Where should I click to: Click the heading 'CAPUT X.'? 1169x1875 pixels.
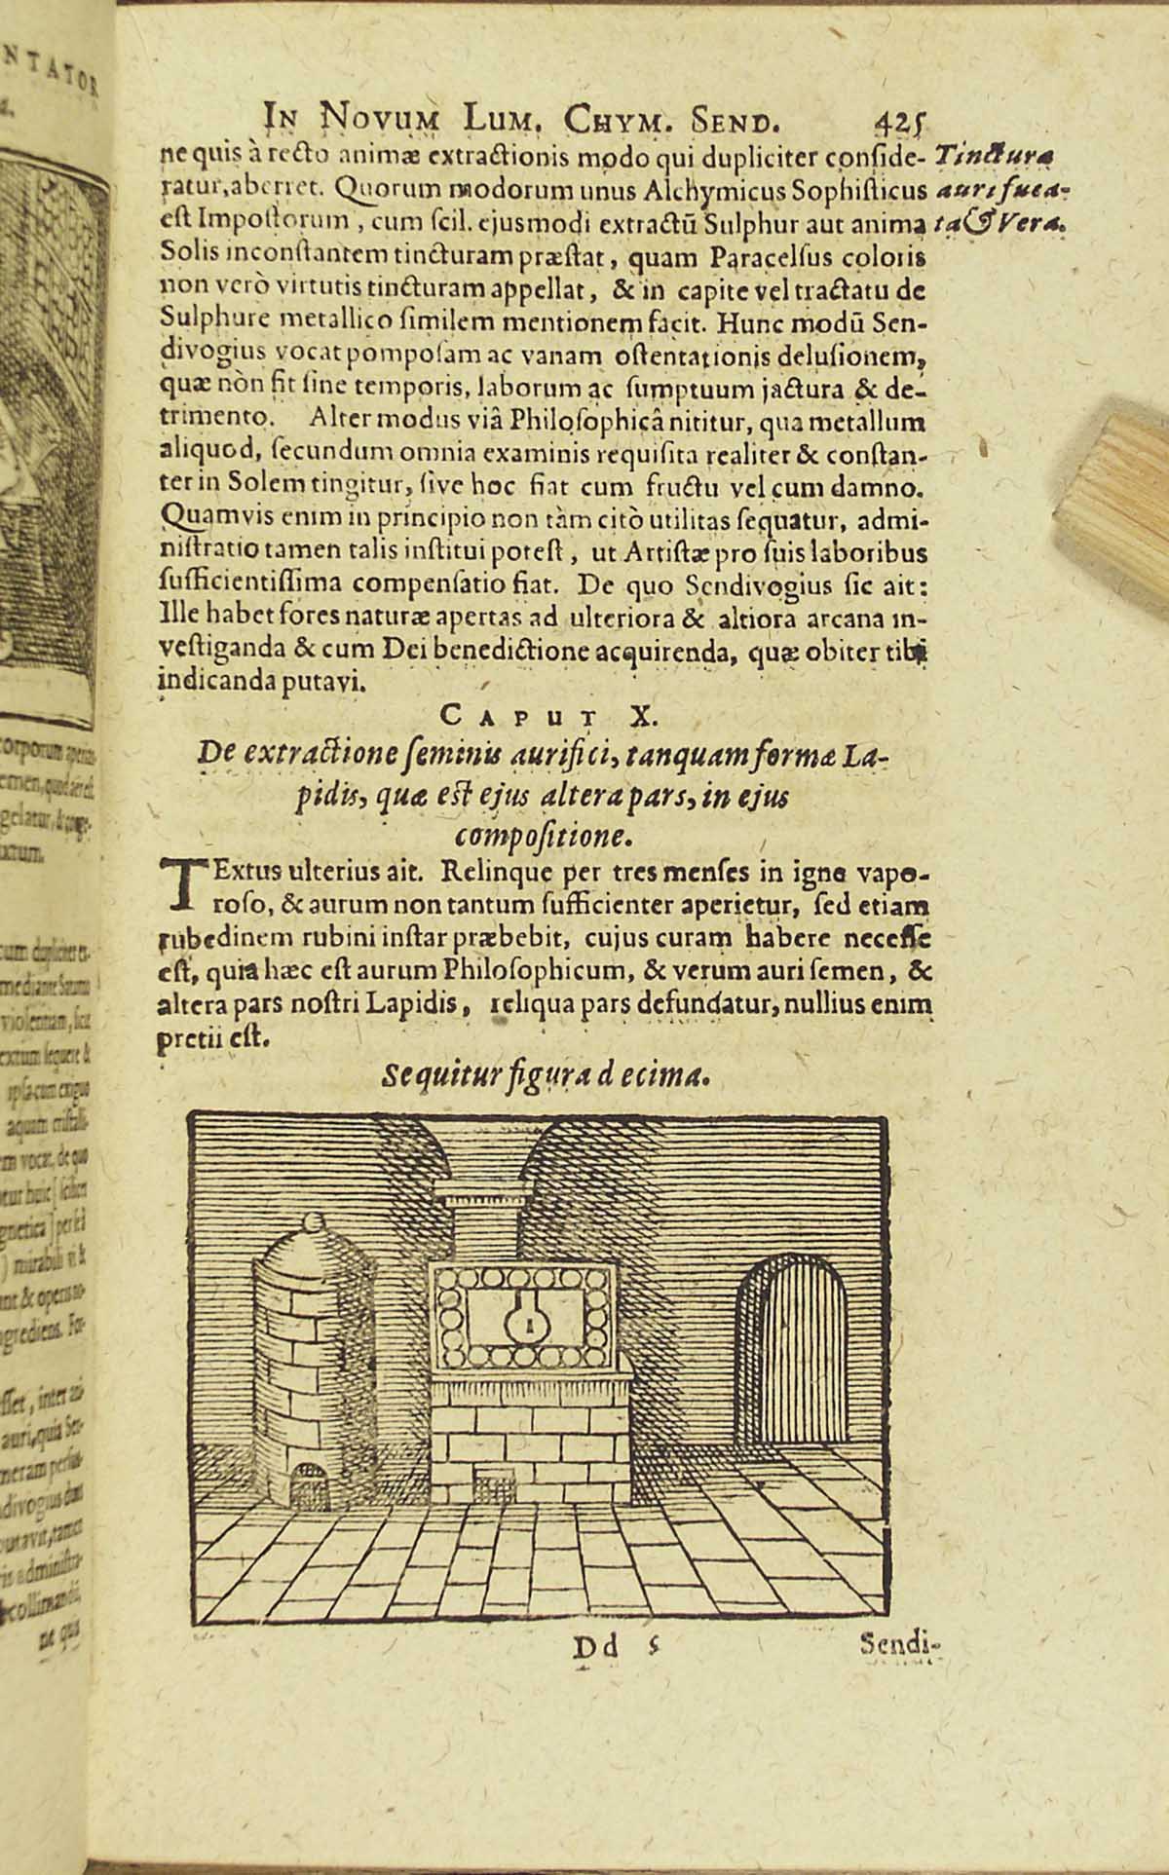(x=549, y=717)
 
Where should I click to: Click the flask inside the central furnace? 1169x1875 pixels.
(x=529, y=1322)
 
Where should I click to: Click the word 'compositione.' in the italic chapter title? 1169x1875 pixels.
(x=542, y=835)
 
